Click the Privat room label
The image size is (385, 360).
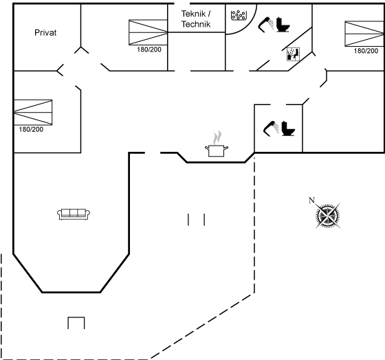click(45, 33)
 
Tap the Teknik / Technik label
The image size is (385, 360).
click(196, 19)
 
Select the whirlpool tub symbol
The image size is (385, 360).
click(239, 15)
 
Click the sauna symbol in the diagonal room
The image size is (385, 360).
click(293, 54)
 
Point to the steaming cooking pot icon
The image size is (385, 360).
click(217, 144)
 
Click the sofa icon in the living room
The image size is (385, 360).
click(74, 214)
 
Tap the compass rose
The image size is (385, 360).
click(328, 216)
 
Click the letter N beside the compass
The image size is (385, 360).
click(311, 201)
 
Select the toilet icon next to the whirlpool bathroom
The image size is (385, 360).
click(283, 25)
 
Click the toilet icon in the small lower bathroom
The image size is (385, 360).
click(288, 128)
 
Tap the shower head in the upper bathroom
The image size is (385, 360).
click(266, 25)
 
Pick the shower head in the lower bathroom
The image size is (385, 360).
click(271, 128)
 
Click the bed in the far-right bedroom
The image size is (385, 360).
click(364, 34)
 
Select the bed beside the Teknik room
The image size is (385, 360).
click(148, 32)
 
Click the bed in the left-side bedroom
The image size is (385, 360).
click(33, 113)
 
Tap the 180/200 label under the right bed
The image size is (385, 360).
click(366, 51)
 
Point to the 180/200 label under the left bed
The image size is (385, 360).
click(31, 129)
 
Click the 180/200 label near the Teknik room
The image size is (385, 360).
click(149, 49)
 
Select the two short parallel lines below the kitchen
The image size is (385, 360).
click(196, 219)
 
